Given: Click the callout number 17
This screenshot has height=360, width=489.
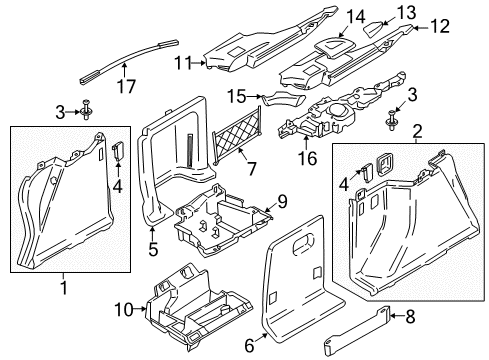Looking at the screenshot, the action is coord(126,86).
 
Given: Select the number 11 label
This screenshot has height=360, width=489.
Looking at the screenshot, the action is coord(184,63).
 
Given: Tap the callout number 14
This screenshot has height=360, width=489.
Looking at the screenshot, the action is coord(356,17).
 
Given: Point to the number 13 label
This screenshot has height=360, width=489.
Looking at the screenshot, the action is coord(406,12).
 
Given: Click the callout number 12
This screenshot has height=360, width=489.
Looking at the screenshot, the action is coord(440,26).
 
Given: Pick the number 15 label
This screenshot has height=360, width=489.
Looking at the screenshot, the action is coord(236,96).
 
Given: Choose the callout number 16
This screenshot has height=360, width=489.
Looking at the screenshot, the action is coord(307,158).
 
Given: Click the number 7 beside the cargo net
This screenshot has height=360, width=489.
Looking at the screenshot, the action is coord(251,168).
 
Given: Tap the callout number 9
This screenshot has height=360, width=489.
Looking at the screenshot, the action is coord(282,202).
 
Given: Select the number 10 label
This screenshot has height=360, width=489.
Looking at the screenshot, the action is coord(124,310).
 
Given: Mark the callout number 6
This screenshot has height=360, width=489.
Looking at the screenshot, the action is coord(249,346).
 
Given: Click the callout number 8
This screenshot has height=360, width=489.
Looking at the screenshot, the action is coord(410,316).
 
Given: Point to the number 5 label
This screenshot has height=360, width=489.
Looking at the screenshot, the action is coord(153,249).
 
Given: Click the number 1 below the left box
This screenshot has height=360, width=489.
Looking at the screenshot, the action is coord(64,288).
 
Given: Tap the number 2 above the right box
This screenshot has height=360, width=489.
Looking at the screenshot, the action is coord(417,131).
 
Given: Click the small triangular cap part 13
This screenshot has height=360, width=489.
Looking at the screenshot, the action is coord(373,29).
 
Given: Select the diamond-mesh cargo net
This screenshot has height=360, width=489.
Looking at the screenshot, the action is coord(237,135).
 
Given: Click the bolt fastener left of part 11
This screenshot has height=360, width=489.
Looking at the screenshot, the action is coord(86,110).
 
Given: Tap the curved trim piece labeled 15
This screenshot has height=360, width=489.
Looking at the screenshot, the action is coord(283,99).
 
